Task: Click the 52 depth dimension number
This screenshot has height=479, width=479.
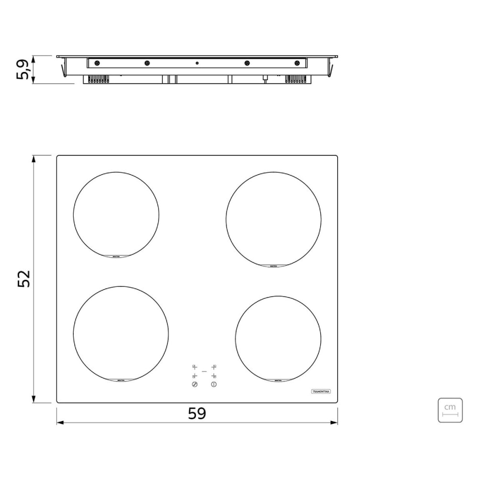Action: (x=24, y=279)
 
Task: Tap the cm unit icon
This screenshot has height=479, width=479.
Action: (x=450, y=410)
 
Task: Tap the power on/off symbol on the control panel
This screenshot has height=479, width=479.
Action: (x=214, y=385)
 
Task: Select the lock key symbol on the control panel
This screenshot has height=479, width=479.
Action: (x=194, y=385)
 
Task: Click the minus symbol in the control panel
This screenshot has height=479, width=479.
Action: (x=204, y=371)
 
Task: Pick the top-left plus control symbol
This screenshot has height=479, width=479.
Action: (x=194, y=367)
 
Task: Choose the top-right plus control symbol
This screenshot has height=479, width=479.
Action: (x=214, y=367)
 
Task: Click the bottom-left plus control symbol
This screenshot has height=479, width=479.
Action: (x=194, y=376)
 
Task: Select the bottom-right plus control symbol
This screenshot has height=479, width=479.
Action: (x=214, y=376)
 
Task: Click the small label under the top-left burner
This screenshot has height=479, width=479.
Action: (x=116, y=256)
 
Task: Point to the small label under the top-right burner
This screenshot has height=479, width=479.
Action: (x=274, y=266)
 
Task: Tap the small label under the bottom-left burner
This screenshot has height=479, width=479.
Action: (x=121, y=380)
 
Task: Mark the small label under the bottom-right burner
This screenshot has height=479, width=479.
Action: (x=278, y=380)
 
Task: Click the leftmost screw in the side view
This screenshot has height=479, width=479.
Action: (x=97, y=63)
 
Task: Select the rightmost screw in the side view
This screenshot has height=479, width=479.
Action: (x=297, y=63)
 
